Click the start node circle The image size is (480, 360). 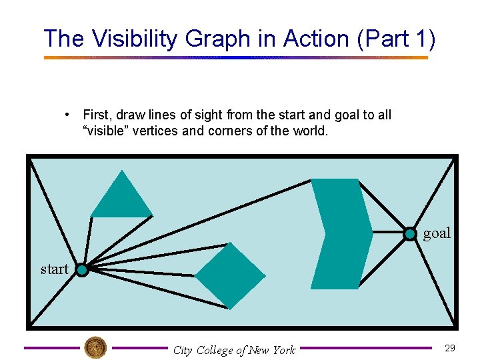tap(81, 270)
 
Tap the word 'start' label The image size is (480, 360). tap(54, 269)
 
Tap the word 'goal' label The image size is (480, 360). tap(437, 233)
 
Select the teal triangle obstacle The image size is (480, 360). tap(121, 199)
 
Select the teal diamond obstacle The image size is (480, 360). tap(230, 275)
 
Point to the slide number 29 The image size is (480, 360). tap(449, 348)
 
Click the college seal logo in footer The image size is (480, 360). tap(95, 347)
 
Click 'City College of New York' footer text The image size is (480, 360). tap(234, 350)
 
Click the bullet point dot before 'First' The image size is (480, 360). tap(68, 115)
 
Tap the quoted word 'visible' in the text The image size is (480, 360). tap(106, 131)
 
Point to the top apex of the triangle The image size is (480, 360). tap(121, 171)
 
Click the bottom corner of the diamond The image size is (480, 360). tap(230, 309)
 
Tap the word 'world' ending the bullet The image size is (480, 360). tap(309, 131)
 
